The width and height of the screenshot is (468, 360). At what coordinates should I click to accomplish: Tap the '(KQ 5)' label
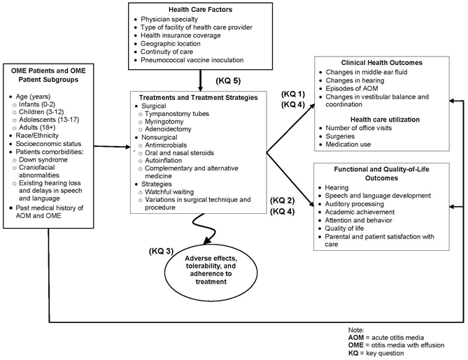coord(228,79)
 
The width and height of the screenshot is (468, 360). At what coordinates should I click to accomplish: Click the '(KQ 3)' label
coord(160,250)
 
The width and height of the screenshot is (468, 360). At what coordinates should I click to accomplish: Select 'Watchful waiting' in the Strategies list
coord(176,191)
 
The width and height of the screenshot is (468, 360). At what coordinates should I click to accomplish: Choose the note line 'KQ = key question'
coord(381,353)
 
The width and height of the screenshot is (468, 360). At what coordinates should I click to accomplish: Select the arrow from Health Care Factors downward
coord(201,78)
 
